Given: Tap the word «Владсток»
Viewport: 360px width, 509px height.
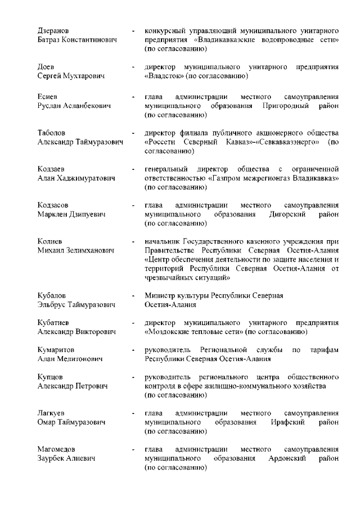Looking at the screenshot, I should tap(164, 76).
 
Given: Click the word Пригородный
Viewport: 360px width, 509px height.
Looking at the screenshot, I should tap(285, 106).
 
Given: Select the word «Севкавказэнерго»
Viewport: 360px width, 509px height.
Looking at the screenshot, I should tap(283, 143).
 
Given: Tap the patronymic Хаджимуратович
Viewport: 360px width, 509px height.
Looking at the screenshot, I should tap(85, 179).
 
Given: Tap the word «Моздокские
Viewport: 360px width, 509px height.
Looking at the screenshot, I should tap(170, 332).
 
